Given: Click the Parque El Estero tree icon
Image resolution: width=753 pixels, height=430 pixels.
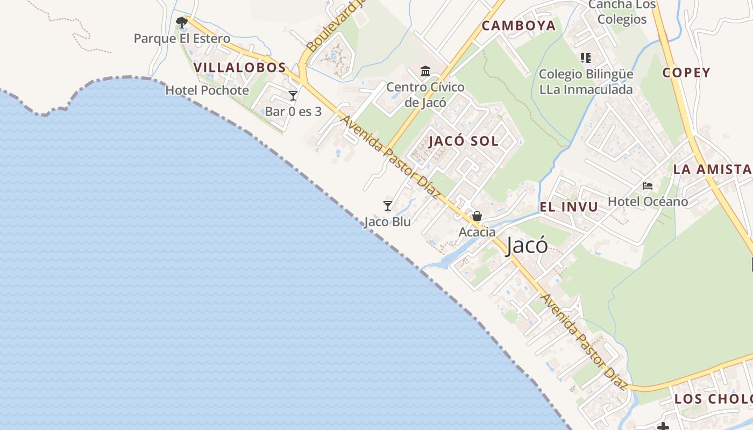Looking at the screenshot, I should (x=182, y=23).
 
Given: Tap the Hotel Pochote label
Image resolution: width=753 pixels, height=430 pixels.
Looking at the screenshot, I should (x=207, y=90).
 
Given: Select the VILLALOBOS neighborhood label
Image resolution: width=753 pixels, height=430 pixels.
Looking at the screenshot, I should (x=239, y=68).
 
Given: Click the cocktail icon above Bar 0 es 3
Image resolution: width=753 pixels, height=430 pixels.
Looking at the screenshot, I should (x=293, y=96).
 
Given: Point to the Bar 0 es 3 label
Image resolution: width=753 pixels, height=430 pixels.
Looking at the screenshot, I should (x=293, y=112).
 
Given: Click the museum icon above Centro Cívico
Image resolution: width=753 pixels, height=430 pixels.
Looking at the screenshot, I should (x=425, y=71).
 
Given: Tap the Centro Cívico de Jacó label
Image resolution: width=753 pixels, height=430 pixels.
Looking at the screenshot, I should (x=425, y=95).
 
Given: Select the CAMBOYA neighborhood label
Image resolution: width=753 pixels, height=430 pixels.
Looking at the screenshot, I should (x=518, y=26).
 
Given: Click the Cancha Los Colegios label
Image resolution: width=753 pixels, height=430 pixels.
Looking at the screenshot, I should (x=622, y=12).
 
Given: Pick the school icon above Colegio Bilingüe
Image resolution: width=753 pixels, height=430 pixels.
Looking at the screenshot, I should (x=585, y=58).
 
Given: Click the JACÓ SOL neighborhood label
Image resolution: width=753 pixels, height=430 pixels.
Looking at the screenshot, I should (x=464, y=142).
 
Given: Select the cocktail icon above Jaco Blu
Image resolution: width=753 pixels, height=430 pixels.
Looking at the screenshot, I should (x=387, y=206).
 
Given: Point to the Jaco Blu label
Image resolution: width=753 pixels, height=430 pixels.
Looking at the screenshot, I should (x=387, y=222).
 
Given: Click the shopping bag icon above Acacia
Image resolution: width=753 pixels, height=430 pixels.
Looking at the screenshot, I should (x=477, y=216).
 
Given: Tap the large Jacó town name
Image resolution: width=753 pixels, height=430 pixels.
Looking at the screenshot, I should (x=527, y=246).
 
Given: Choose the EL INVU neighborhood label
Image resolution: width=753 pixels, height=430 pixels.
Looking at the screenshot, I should (x=569, y=207).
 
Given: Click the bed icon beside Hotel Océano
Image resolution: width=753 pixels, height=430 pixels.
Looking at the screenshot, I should (x=648, y=186).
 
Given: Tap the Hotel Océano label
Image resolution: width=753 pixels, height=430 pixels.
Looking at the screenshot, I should (x=648, y=202).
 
